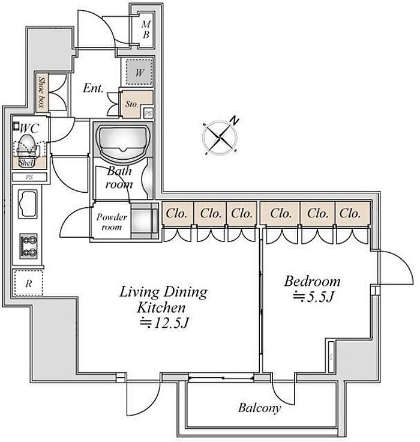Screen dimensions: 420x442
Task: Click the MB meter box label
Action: tap(146, 29)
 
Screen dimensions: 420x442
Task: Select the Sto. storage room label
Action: tap(131, 104)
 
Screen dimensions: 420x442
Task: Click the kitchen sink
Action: tap(28, 204)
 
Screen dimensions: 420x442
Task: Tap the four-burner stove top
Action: tap(28, 246)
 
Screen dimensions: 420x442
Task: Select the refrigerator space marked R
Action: tap(28, 283)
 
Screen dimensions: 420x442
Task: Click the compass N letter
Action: tap(234, 121)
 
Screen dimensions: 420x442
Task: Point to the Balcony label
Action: tap(259, 408)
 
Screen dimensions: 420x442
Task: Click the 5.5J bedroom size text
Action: tap(313, 297)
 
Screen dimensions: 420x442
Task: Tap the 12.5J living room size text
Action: tap(164, 323)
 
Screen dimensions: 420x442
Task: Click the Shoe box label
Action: tap(42, 92)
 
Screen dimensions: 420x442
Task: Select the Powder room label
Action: tap(112, 222)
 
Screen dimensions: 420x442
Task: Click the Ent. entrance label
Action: tap(93, 88)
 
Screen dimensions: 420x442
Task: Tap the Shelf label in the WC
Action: tap(27, 163)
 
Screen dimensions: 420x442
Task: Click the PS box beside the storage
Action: tap(148, 114)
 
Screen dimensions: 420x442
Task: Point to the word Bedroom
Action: tap(312, 281)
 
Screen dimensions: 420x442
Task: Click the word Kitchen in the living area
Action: tap(161, 307)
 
